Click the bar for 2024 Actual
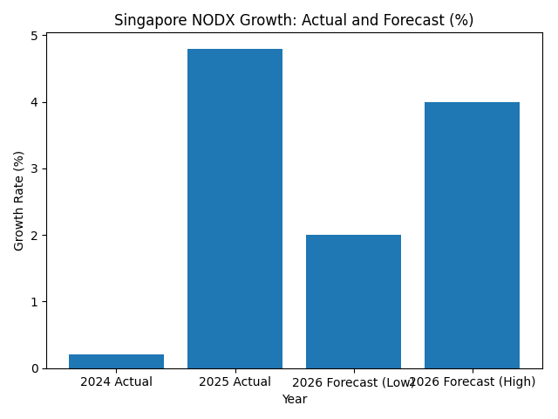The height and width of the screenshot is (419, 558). (x=116, y=361)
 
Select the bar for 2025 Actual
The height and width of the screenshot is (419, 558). (x=235, y=209)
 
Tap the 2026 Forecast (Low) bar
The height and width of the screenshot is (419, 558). (x=353, y=301)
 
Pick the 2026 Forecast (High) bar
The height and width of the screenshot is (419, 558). (x=472, y=235)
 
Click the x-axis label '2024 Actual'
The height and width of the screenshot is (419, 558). (x=116, y=381)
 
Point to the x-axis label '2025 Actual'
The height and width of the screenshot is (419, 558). (x=235, y=381)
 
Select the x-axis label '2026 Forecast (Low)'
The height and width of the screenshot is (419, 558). (x=353, y=382)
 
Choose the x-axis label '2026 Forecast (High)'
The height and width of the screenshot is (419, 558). (x=472, y=382)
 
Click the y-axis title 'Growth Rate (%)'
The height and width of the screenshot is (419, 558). (x=19, y=201)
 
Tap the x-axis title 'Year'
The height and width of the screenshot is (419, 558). (x=294, y=399)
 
